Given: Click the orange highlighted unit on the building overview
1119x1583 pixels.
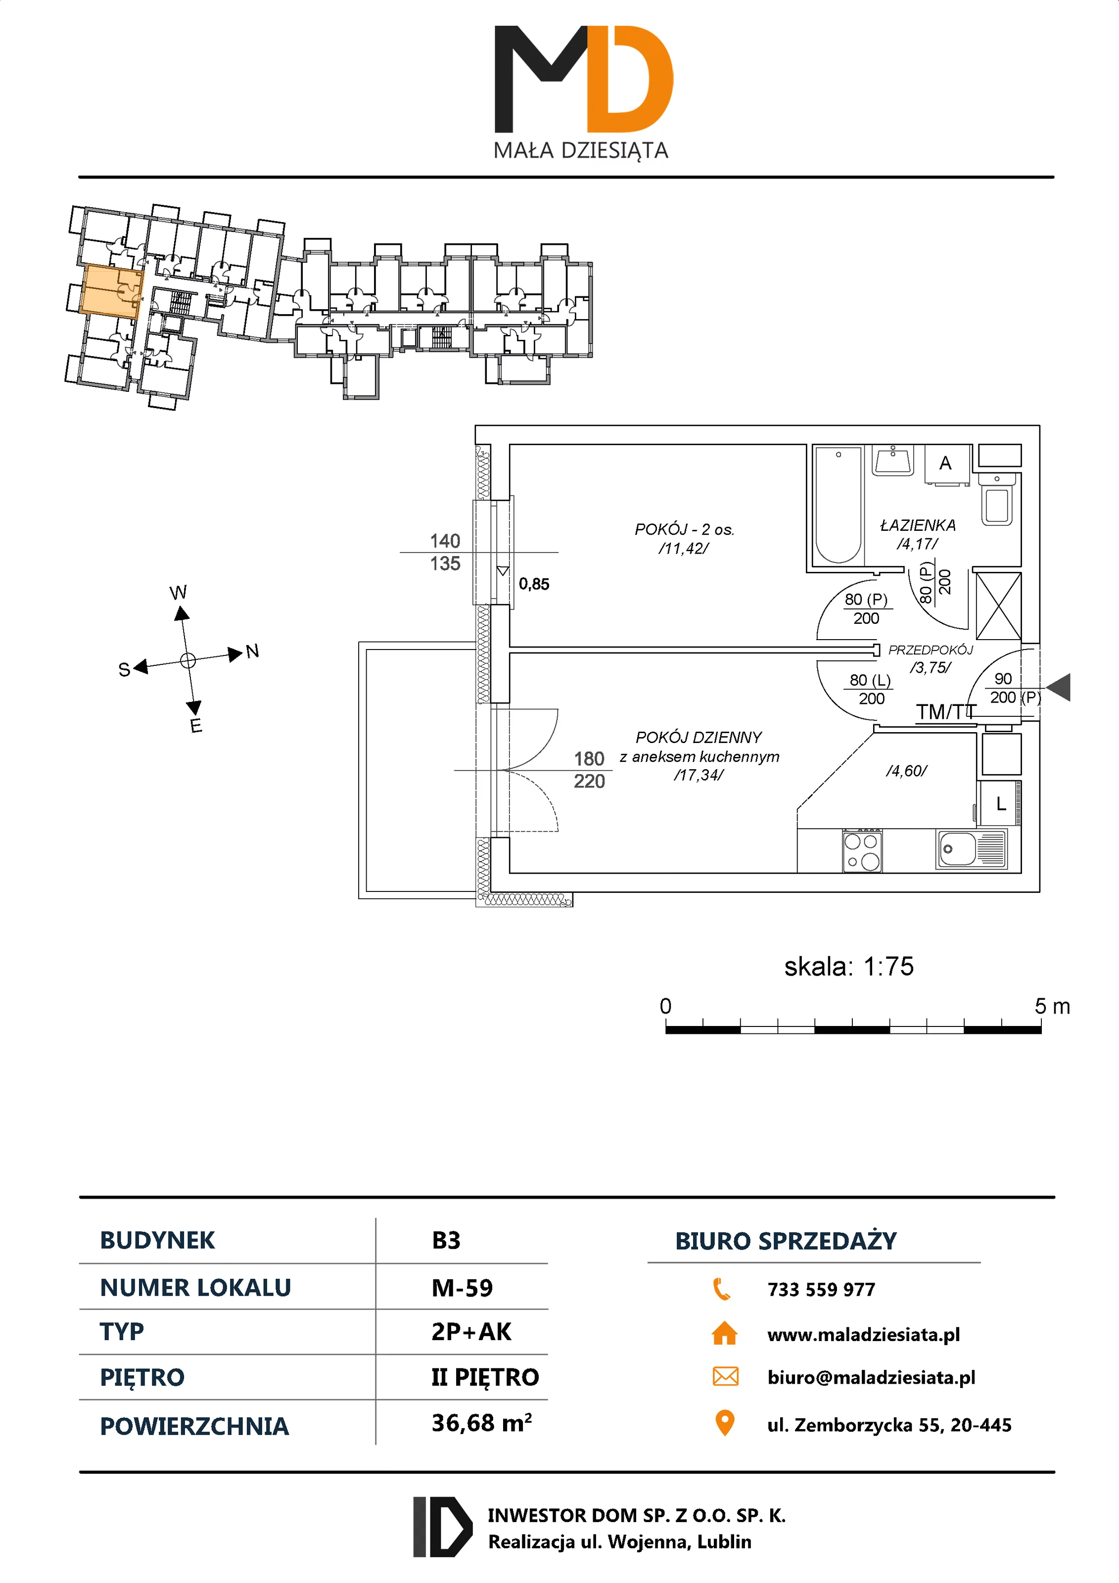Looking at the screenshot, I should click(x=109, y=291).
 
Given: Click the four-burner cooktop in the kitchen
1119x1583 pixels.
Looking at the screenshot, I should click(x=862, y=851).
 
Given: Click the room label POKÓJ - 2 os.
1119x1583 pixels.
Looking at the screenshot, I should click(x=684, y=529).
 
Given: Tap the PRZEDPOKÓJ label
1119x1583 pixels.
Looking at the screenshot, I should click(x=930, y=650).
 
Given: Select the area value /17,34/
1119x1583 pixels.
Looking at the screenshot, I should click(x=699, y=776).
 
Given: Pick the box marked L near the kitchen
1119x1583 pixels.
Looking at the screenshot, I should click(x=1000, y=804).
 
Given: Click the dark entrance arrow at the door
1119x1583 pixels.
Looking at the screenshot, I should click(x=1059, y=688).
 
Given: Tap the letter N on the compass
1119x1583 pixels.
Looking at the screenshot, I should click(x=252, y=651).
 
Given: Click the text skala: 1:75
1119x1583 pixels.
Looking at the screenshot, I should click(x=849, y=967).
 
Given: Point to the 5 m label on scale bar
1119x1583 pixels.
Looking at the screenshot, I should click(x=1052, y=1007).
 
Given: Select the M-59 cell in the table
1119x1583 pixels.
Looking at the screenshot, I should click(x=462, y=1288).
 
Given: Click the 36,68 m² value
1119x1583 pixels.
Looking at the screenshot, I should click(x=481, y=1423).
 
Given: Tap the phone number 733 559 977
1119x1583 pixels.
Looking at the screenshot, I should click(x=821, y=1289).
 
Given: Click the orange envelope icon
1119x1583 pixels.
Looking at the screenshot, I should click(x=725, y=1377).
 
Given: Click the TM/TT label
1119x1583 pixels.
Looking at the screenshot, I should click(x=945, y=711).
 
